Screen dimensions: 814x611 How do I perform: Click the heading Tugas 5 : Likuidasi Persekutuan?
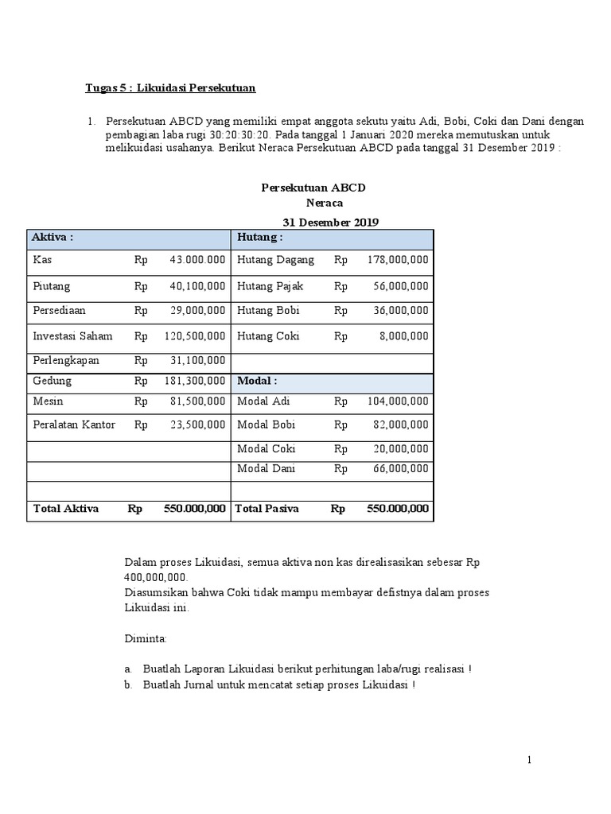point(170,88)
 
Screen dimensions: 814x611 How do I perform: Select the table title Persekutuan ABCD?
point(313,188)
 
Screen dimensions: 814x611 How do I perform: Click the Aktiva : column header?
point(53,238)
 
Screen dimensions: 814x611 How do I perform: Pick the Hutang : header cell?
point(259,238)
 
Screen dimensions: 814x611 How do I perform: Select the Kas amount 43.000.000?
point(197,260)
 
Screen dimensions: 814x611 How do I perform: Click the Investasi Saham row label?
point(72,336)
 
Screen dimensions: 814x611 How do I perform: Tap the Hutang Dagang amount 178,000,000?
point(398,260)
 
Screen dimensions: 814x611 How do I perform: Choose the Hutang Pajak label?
point(270,285)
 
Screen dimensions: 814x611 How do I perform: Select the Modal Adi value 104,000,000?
point(398,402)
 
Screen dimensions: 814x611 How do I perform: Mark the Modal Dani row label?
point(267,469)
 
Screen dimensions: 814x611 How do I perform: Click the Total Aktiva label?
point(65,509)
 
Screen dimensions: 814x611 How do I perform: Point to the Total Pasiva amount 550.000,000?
point(398,509)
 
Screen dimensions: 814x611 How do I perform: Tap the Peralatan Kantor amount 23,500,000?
point(197,424)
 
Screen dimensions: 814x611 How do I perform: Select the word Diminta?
point(146,638)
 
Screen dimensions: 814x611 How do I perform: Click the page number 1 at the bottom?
point(529,761)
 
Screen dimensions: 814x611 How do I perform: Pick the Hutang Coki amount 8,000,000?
point(404,336)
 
